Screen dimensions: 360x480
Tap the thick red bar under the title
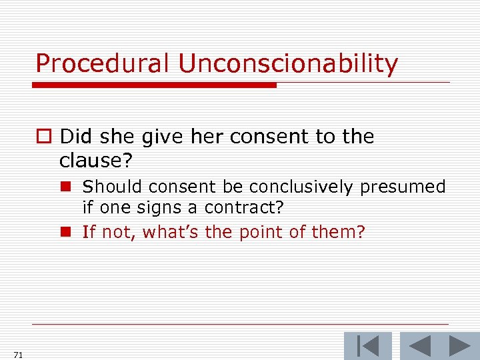(x=154, y=85)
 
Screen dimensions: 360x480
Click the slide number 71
(x=17, y=355)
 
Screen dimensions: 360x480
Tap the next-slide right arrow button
(x=459, y=346)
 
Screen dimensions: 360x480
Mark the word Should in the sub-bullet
(x=107, y=187)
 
